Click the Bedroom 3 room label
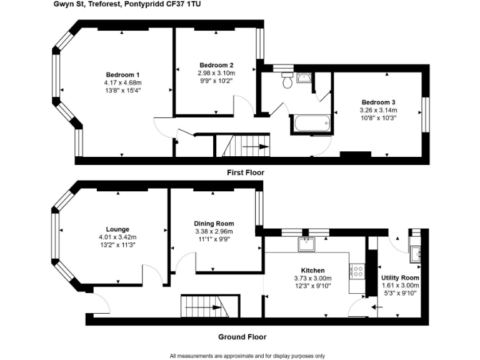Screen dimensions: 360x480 click(377, 102)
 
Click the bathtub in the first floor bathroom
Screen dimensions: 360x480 click(311, 123)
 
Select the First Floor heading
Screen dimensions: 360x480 click(245, 172)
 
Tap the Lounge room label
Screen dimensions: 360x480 click(117, 229)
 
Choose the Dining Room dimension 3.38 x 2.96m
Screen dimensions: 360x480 click(214, 231)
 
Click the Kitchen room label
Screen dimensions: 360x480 click(312, 271)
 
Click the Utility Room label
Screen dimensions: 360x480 click(400, 277)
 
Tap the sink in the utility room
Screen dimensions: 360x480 click(415, 252)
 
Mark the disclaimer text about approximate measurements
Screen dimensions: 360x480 click(247, 356)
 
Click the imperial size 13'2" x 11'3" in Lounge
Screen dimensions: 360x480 click(117, 244)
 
